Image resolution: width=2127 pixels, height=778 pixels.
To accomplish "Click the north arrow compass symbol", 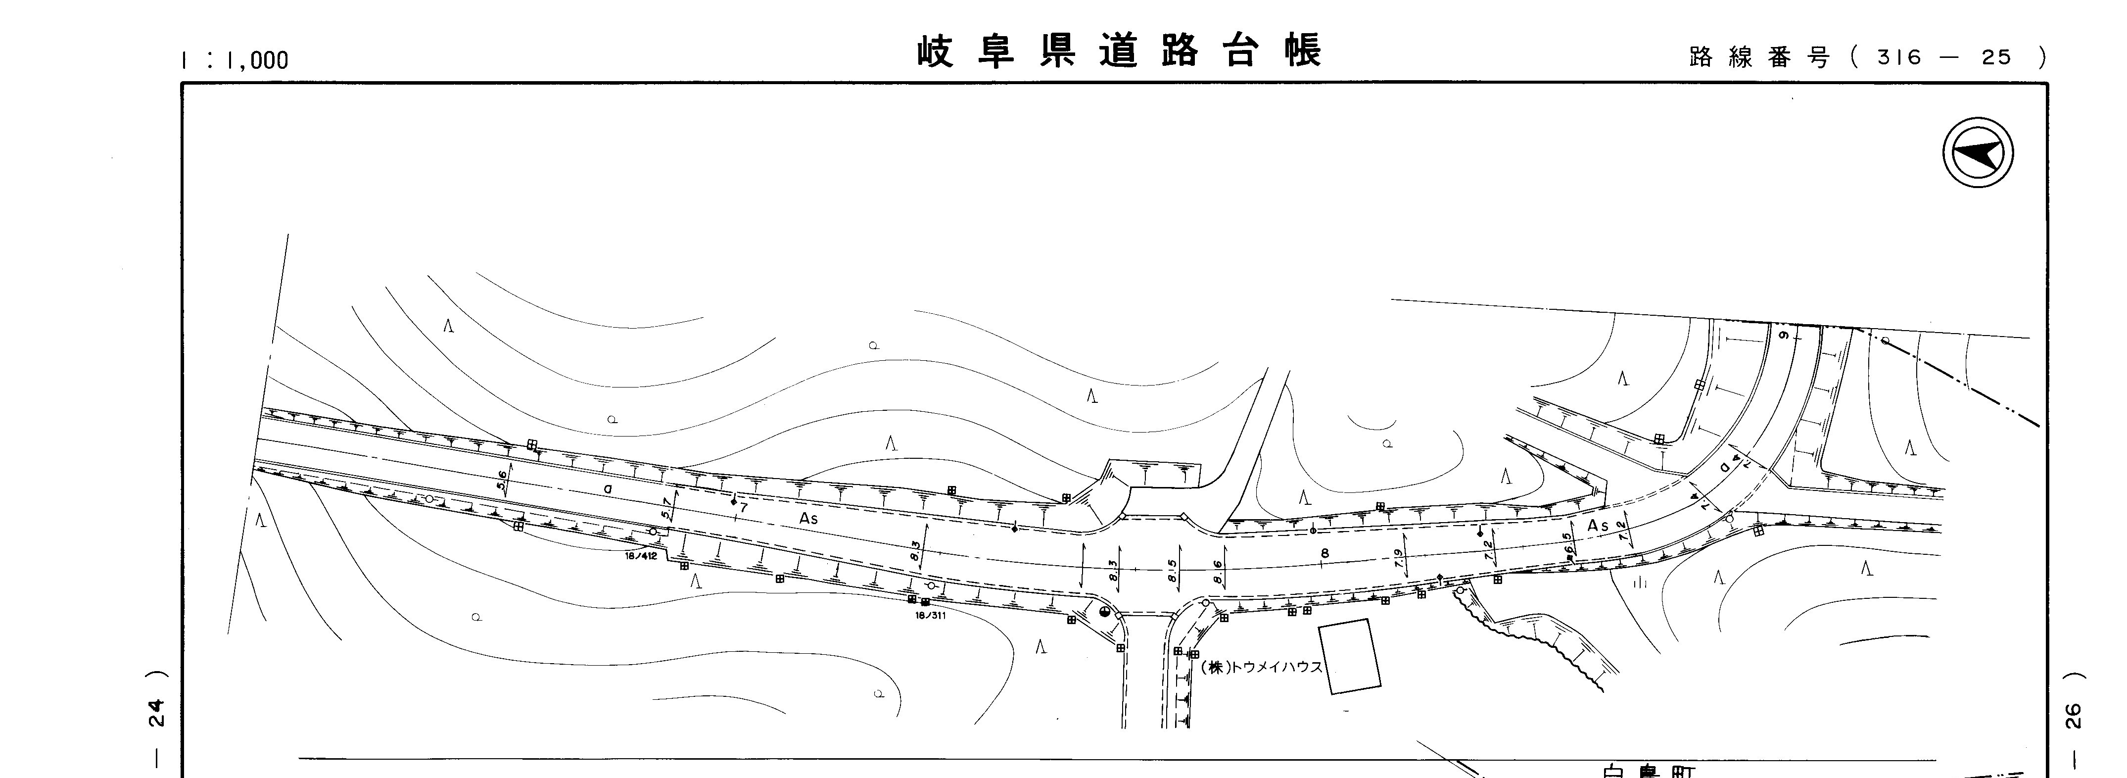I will (1978, 153).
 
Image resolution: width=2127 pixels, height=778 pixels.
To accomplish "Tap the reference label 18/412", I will (641, 556).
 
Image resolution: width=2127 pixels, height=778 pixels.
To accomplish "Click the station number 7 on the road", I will (743, 508).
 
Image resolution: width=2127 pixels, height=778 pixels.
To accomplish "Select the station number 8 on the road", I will (1324, 552).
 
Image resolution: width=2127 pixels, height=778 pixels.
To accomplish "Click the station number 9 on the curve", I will (1784, 336).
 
